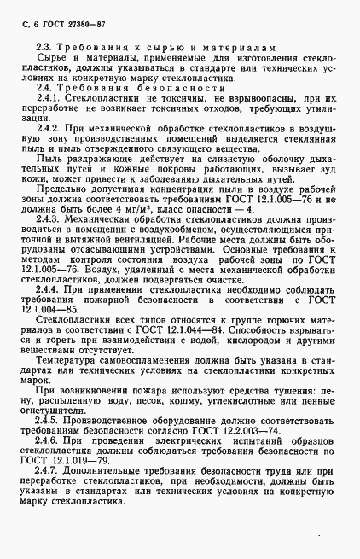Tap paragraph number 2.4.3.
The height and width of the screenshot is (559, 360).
pyautogui.click(x=49, y=245)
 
